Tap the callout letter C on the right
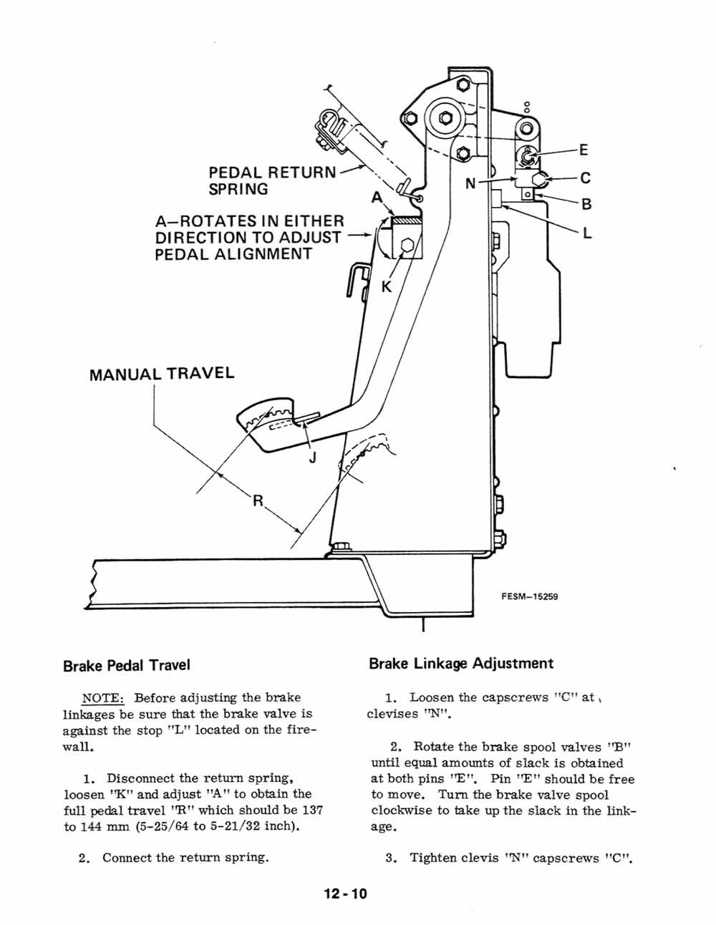[585, 178]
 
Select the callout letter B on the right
[586, 204]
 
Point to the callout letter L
[587, 233]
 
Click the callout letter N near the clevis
[471, 183]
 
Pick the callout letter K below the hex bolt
[387, 286]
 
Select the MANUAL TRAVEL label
[162, 374]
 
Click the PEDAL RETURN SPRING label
[271, 180]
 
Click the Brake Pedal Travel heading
[127, 665]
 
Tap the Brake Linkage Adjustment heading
[461, 664]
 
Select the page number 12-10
[345, 893]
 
